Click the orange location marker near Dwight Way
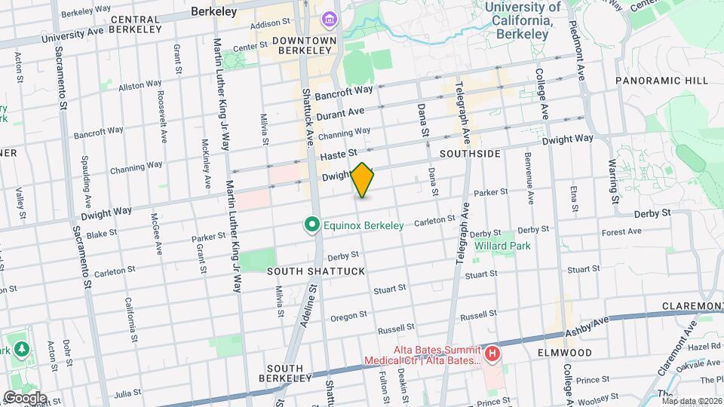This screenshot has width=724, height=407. (x=363, y=180)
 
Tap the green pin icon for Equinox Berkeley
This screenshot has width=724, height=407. (x=310, y=225)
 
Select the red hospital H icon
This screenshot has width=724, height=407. (x=492, y=353)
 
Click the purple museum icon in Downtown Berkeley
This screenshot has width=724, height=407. (x=329, y=19)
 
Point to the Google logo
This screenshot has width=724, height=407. (x=25, y=397)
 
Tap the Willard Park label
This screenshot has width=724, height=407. (x=502, y=246)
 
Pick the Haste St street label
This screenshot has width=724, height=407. (x=337, y=154)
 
